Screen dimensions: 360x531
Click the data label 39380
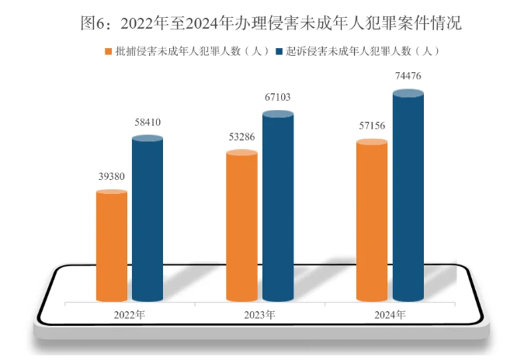[111, 177]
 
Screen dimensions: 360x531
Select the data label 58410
[147, 123]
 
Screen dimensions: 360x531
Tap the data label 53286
[241, 137]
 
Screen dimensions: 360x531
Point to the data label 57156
[372, 126]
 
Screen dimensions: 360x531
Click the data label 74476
[408, 75]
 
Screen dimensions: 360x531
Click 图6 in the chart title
[93, 23]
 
